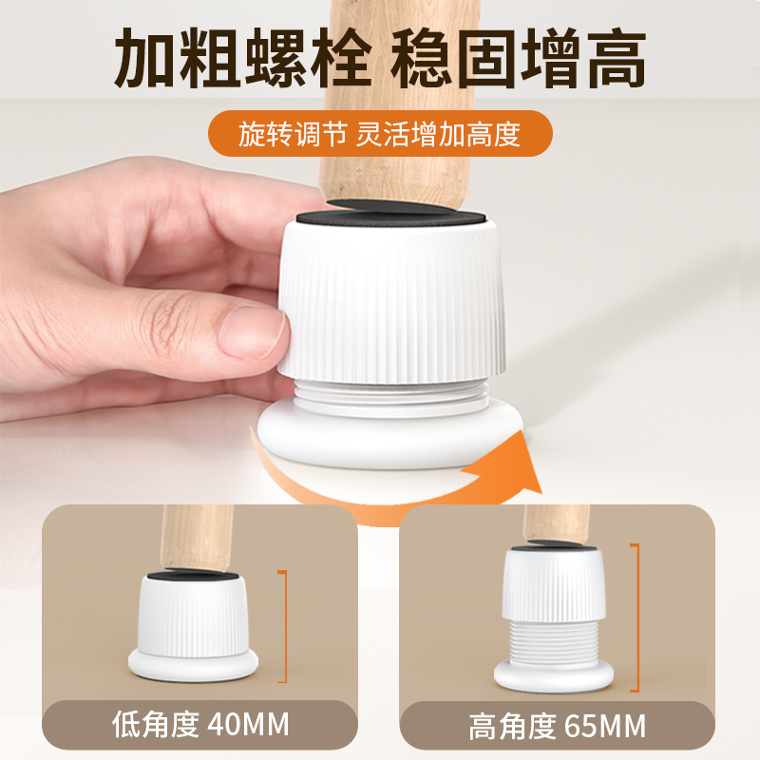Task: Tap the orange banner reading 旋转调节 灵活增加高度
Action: tap(379, 133)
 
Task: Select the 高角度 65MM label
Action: tap(557, 727)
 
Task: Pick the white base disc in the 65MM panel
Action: tap(554, 676)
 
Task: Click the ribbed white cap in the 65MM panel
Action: tap(553, 584)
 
